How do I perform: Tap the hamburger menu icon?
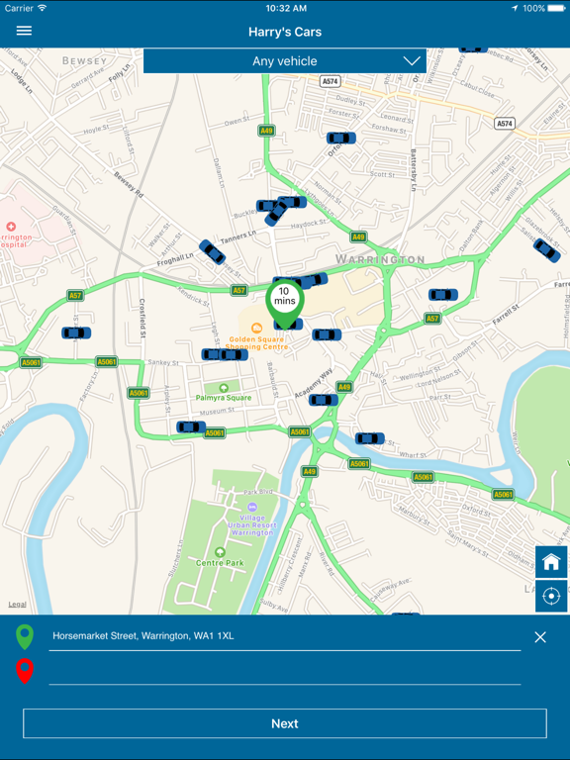24,31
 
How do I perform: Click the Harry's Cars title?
285,32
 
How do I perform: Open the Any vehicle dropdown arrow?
412,61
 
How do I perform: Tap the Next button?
285,723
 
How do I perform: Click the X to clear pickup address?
540,637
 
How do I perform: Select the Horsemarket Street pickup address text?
143,635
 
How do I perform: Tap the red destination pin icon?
25,672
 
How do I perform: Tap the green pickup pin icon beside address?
25,636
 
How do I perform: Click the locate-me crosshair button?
551,596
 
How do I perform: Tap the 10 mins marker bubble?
284,296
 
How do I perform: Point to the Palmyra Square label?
223,397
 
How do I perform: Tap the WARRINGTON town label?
380,260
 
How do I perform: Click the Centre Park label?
220,563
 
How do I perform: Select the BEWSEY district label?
84,61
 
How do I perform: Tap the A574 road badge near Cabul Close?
505,124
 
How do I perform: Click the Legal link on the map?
18,604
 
